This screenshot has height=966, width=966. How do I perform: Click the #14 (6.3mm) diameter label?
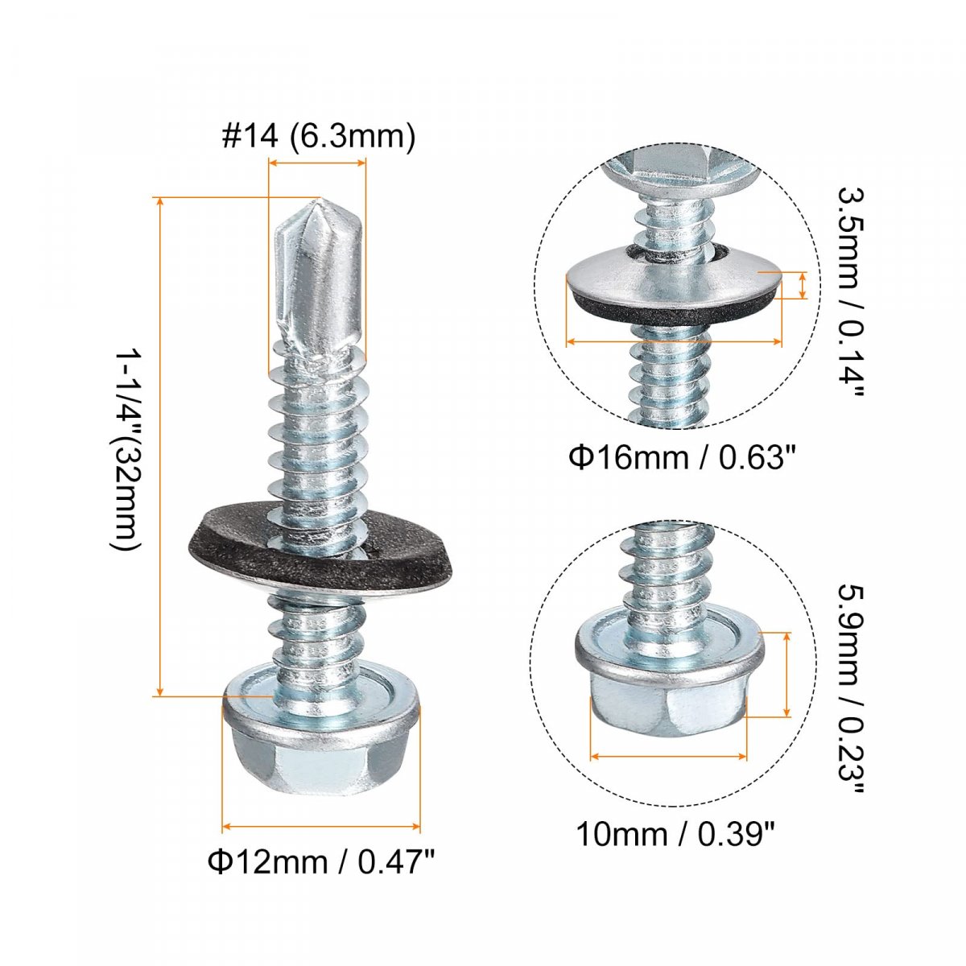coord(319,136)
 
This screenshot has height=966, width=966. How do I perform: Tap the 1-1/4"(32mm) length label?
coord(126,451)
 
